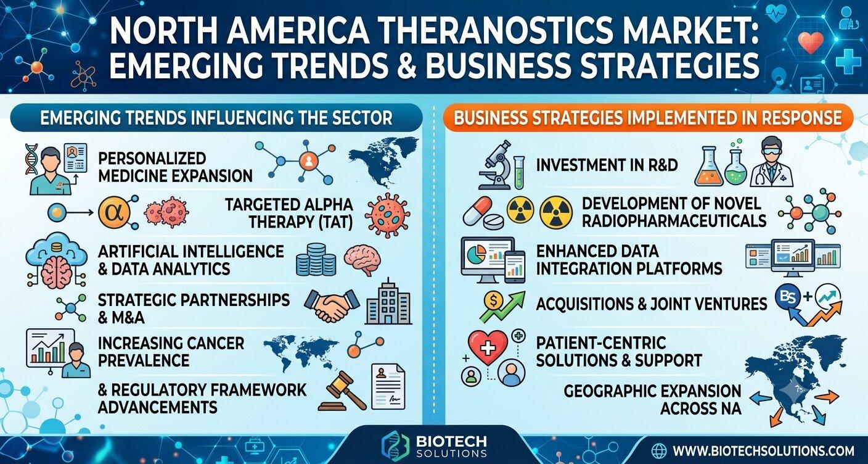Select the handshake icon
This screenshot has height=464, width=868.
(x=332, y=305)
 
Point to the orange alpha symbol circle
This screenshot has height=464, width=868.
(x=113, y=213)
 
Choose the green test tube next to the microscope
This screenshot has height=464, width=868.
(x=519, y=172)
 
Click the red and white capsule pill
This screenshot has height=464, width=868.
(x=477, y=211)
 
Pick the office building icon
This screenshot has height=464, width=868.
(x=388, y=302)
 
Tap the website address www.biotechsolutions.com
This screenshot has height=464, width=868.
(x=763, y=451)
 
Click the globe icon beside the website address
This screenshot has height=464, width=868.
(x=659, y=451)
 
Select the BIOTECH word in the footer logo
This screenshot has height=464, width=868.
(x=451, y=441)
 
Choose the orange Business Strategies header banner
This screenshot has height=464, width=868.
(x=648, y=118)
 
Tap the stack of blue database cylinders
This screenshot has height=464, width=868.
(x=316, y=260)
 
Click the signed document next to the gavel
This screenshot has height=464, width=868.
(x=388, y=386)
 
